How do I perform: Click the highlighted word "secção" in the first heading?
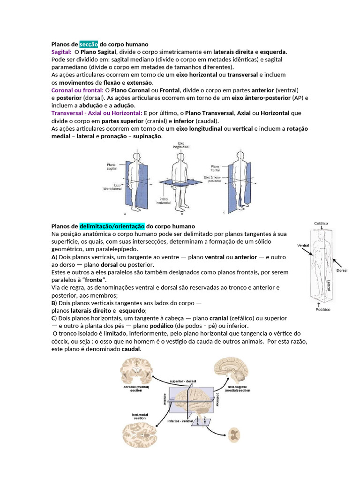[x=89, y=44]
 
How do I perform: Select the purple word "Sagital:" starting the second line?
[x=61, y=52]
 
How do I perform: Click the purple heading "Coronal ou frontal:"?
[x=77, y=90]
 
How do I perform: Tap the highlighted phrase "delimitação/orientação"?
[x=112, y=226]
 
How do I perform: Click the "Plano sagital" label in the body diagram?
[x=112, y=166]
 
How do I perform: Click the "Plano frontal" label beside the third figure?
[x=215, y=168]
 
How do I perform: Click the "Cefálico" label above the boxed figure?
[x=321, y=224]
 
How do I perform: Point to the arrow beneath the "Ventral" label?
[x=307, y=251]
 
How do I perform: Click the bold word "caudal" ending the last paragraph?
[x=131, y=349]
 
